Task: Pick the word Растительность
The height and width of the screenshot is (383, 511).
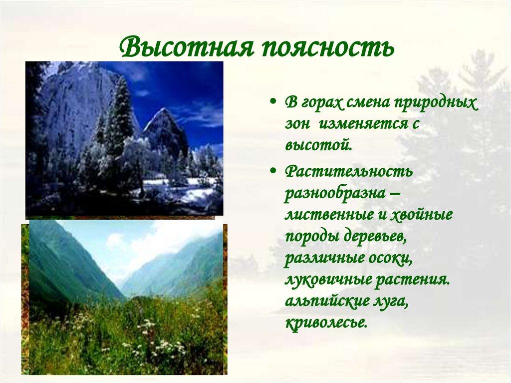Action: coord(349,172)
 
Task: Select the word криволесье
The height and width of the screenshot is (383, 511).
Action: coord(326,323)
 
